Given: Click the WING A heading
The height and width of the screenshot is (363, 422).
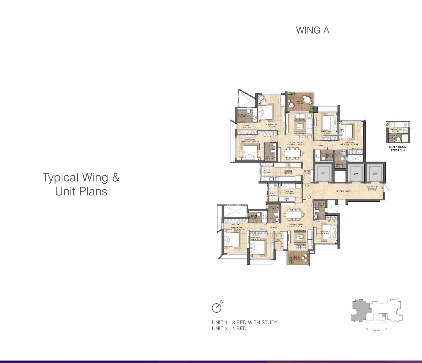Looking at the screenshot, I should click(313, 30).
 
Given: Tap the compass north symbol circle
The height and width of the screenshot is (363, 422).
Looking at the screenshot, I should click(216, 308).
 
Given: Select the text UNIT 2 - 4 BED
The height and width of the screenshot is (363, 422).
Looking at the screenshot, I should click(229, 329).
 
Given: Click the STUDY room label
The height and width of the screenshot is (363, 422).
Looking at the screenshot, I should click(278, 240).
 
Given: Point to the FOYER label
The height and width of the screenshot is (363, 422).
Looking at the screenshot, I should click(307, 171).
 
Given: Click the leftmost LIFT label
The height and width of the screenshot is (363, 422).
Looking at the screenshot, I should click(323, 173).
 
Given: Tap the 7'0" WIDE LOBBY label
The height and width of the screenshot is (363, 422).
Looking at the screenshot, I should click(343, 191).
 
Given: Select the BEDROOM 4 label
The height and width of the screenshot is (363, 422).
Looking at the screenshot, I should click(326, 131).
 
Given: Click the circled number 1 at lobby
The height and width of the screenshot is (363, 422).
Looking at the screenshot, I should click(309, 197).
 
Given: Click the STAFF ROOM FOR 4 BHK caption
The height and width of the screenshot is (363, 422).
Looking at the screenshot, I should click(398, 148).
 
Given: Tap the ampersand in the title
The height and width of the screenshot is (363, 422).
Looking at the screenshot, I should click(116, 178).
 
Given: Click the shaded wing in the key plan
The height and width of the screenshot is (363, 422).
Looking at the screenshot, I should click(360, 311).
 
